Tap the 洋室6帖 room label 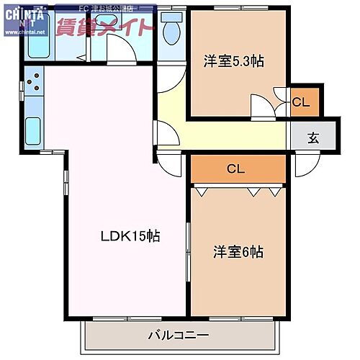click(x=238, y=252)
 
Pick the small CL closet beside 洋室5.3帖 click(x=301, y=102)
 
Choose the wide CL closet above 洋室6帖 click(x=236, y=169)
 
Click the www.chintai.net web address click(x=23, y=32)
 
